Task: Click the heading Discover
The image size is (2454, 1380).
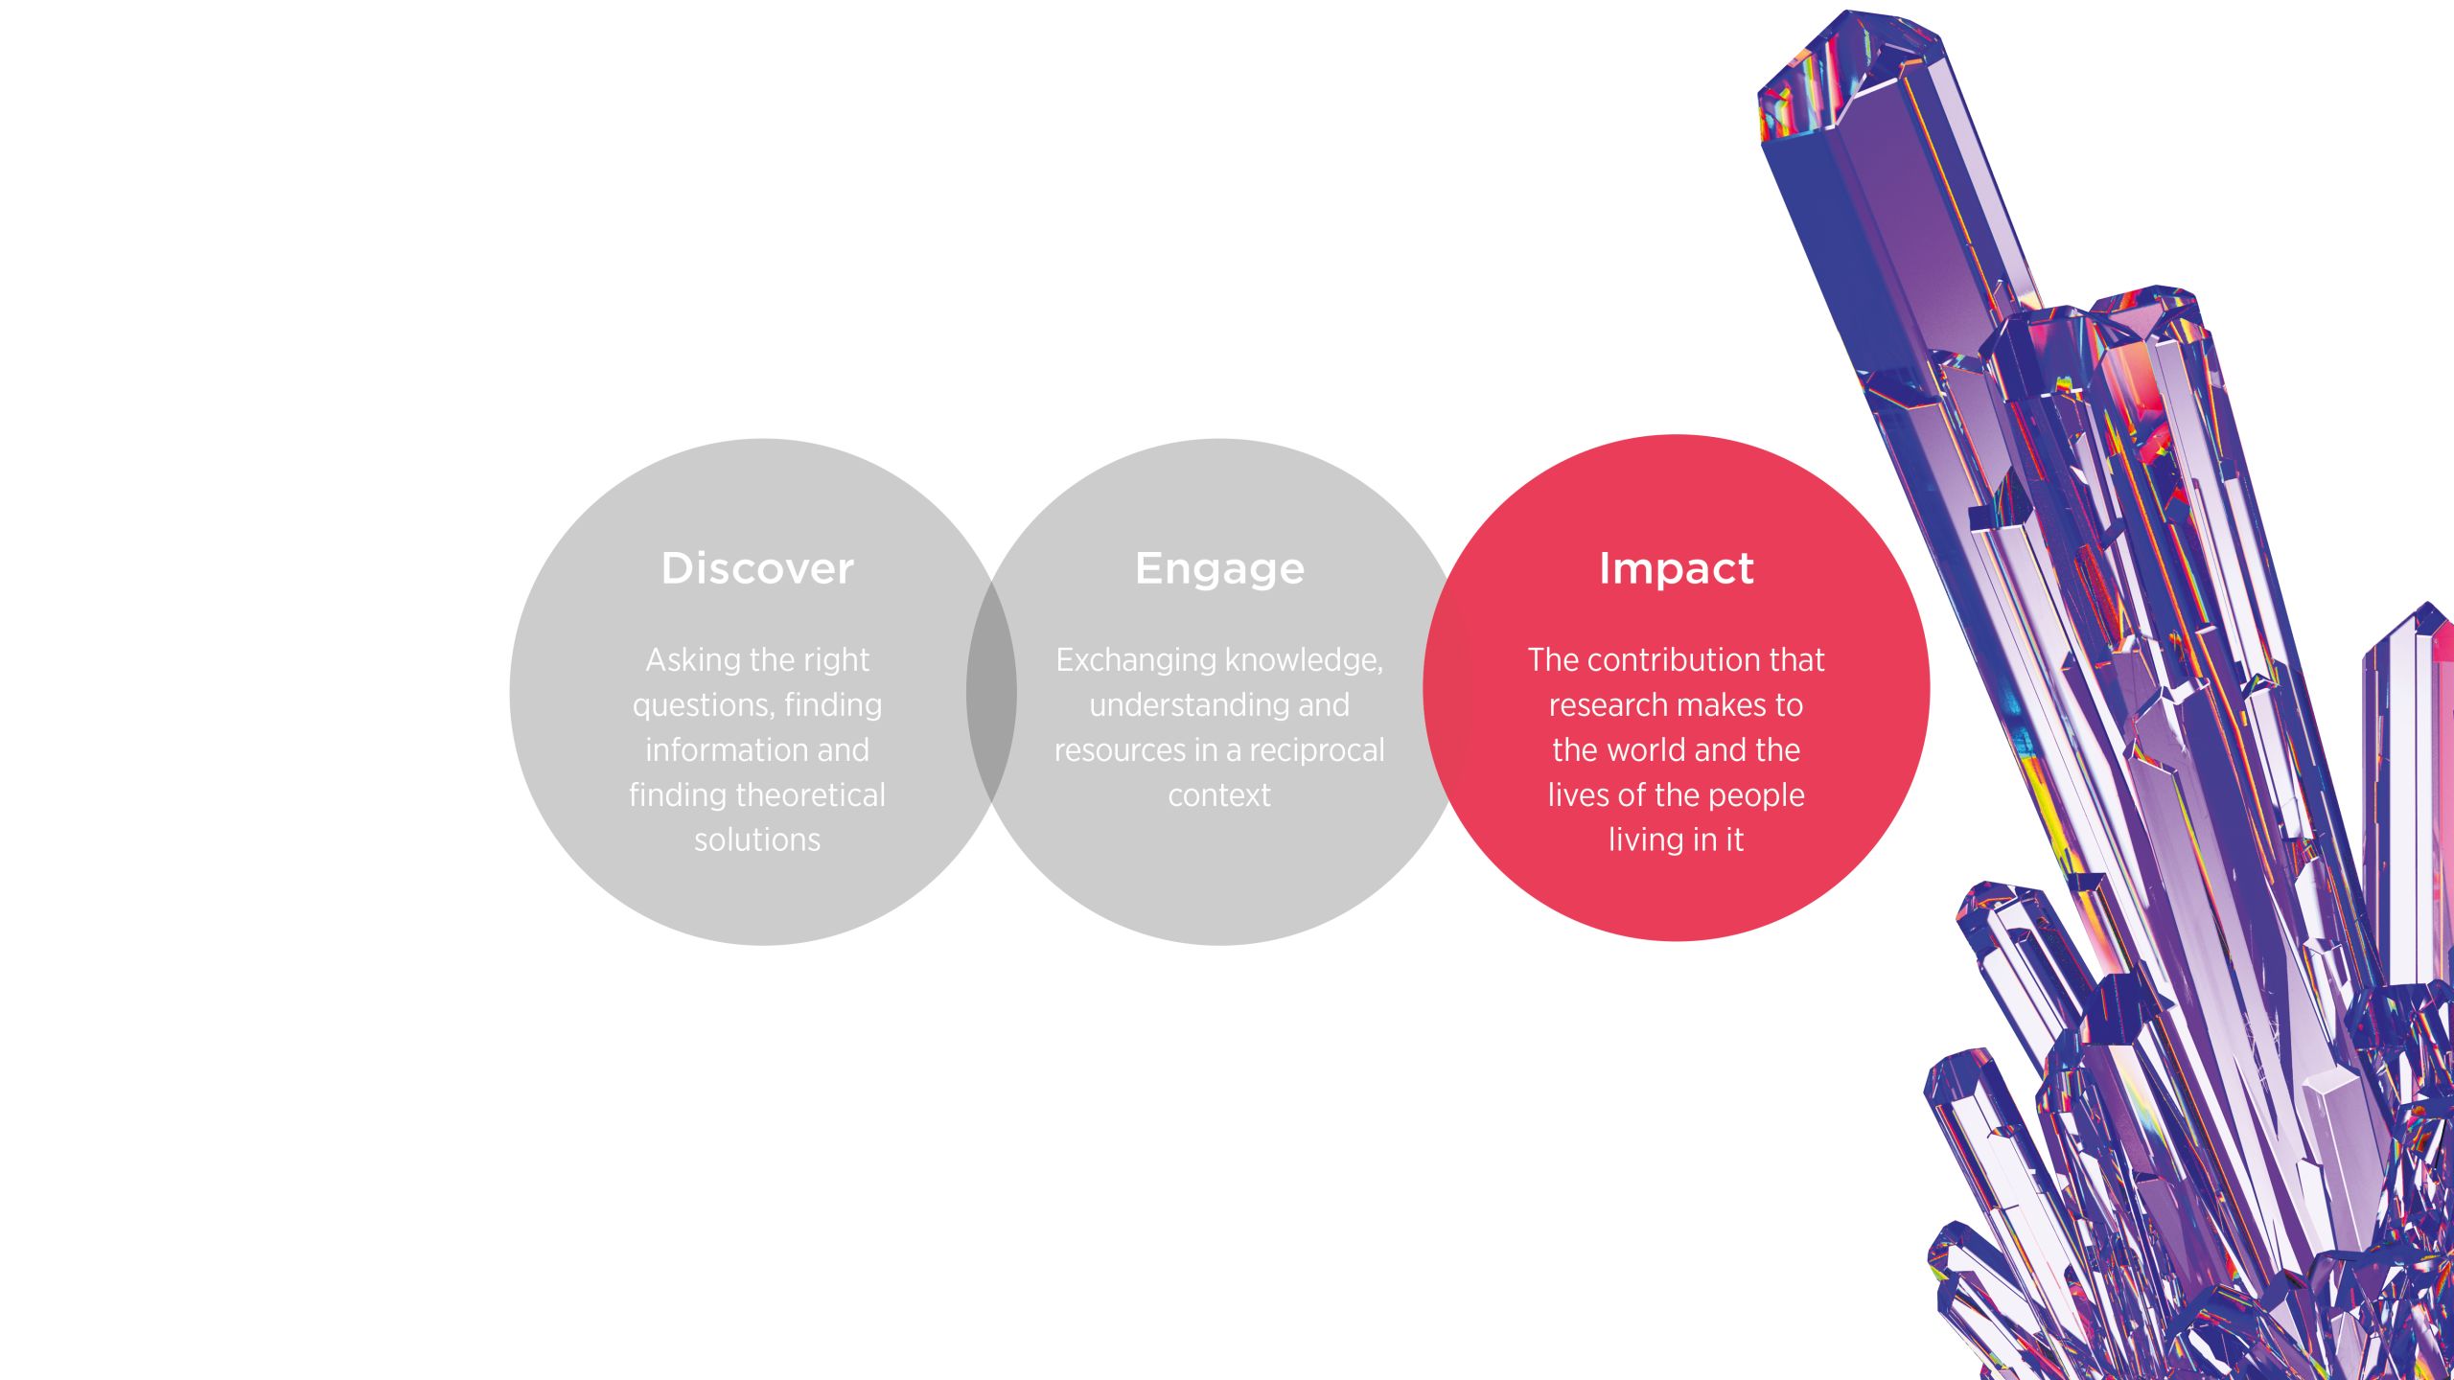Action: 757,568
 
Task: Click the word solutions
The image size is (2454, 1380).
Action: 757,840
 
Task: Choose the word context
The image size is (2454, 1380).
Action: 1219,795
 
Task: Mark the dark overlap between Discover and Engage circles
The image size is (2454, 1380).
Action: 991,692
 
